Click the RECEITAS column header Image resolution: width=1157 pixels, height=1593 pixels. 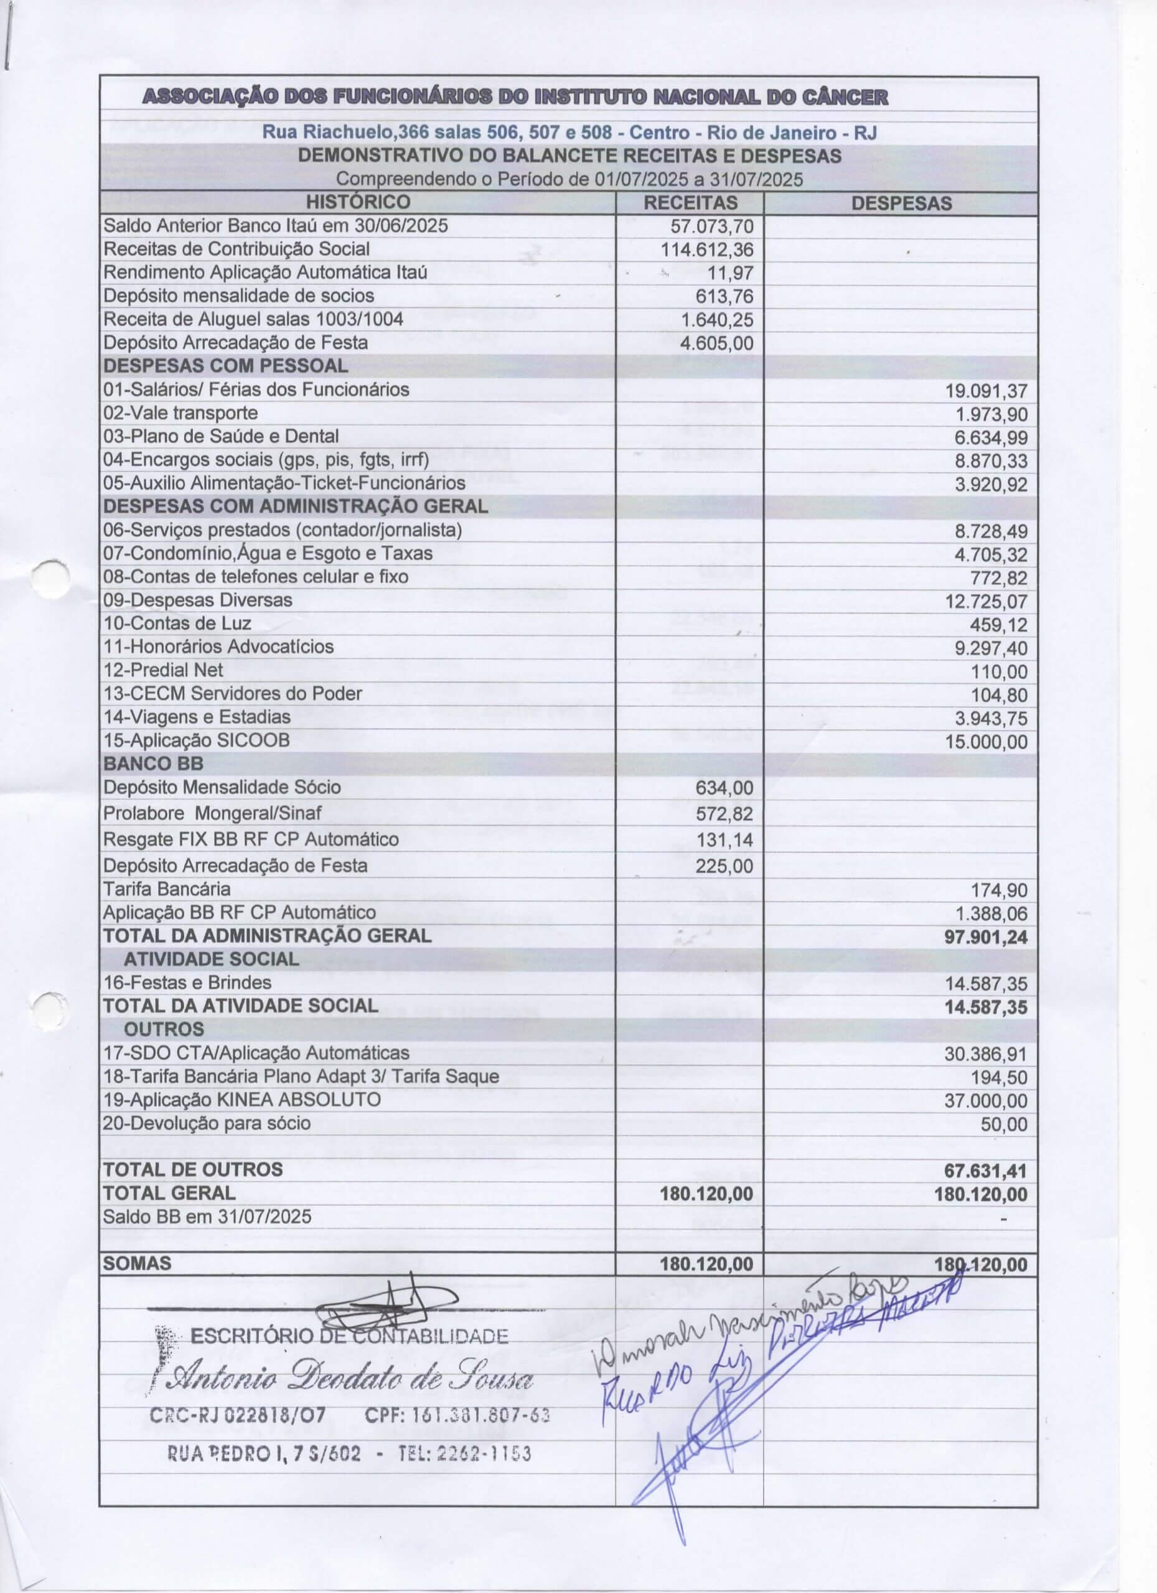pos(691,203)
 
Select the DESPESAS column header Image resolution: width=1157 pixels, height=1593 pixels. pos(901,203)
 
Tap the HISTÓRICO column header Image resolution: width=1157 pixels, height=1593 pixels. pos(358,202)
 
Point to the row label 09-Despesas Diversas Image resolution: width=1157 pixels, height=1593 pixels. pos(197,600)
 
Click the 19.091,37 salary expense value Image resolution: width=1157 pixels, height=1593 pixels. pos(986,391)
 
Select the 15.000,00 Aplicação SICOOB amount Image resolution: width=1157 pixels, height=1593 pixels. pos(986,742)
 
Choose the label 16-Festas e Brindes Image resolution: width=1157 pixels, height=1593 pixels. pos(187,983)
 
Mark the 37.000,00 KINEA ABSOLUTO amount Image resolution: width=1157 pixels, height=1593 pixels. pos(986,1101)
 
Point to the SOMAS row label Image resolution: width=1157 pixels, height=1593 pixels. pos(137,1264)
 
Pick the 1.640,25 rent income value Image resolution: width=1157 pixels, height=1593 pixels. pos(716,320)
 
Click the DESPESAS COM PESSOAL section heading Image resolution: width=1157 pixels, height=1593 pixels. pos(225,366)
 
